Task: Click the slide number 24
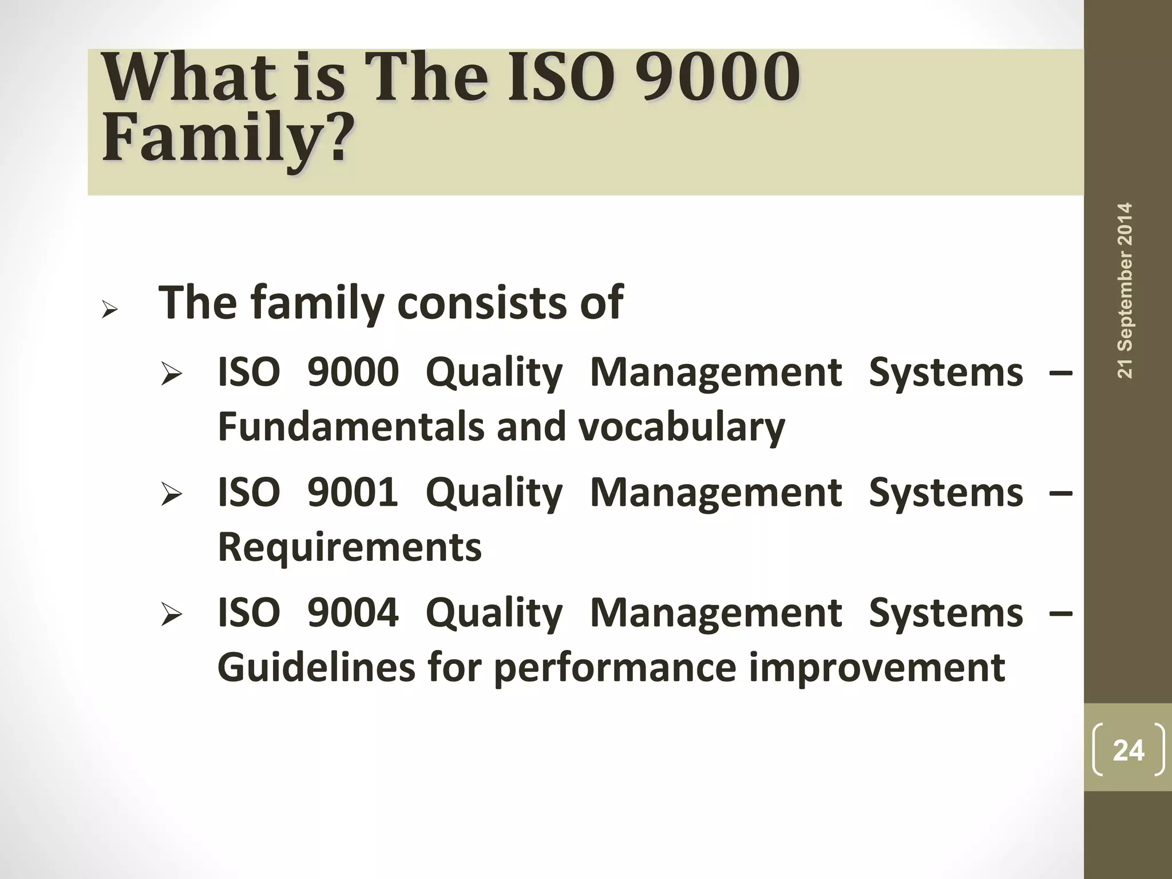pyautogui.click(x=1128, y=750)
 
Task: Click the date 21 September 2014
pyautogui.click(x=1125, y=290)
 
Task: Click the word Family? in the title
pyautogui.click(x=225, y=137)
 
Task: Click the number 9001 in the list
pyautogui.click(x=353, y=492)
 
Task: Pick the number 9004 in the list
pyautogui.click(x=353, y=612)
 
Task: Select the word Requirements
pyautogui.click(x=350, y=547)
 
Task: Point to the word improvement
pyautogui.click(x=876, y=667)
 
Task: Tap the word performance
pyautogui.click(x=614, y=668)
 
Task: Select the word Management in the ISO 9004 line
pyautogui.click(x=715, y=613)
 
